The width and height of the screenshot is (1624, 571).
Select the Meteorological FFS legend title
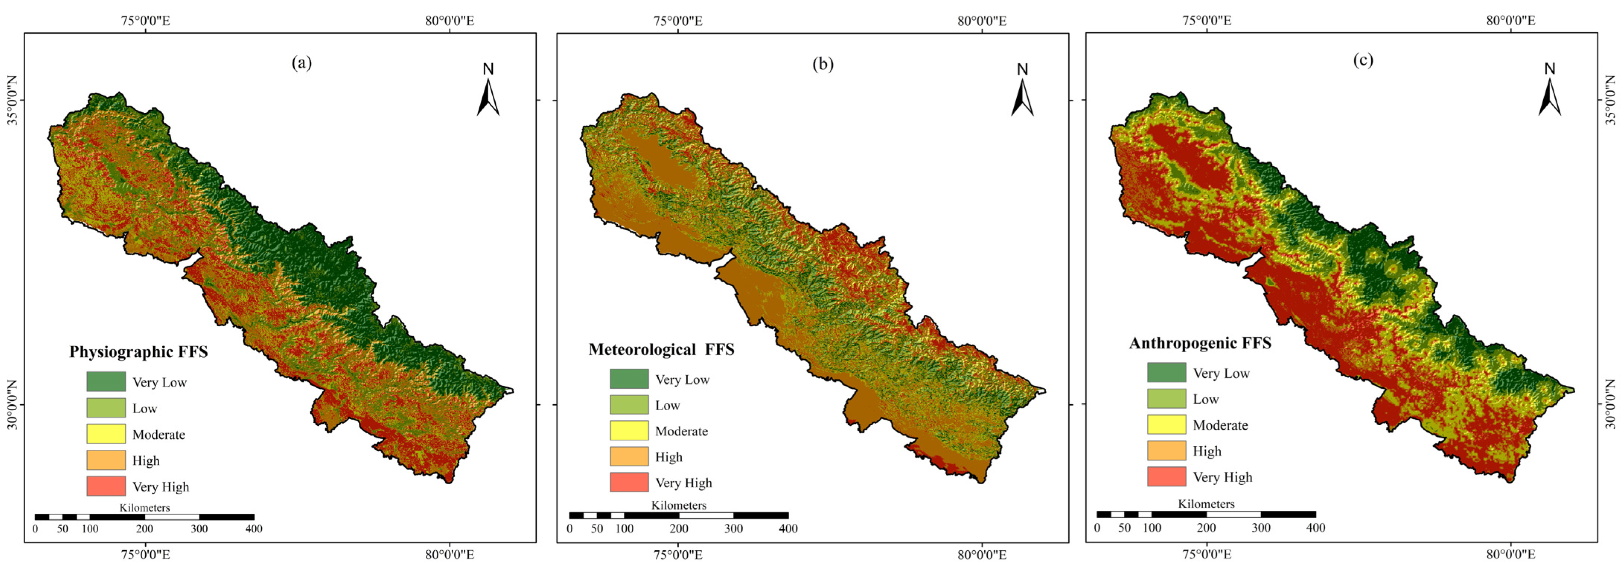tap(661, 349)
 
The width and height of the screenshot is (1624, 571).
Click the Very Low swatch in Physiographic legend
tap(106, 381)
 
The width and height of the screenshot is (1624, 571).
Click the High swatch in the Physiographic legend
tap(106, 460)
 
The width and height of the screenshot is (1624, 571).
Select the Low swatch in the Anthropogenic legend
tap(1166, 398)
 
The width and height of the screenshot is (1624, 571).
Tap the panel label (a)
tap(301, 62)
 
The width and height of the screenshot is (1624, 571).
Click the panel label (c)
tap(1363, 60)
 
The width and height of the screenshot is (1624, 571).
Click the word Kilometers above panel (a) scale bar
tap(144, 507)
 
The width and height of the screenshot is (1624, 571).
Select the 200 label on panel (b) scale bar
tap(679, 529)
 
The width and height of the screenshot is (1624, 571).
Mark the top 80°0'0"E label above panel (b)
tap(982, 21)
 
